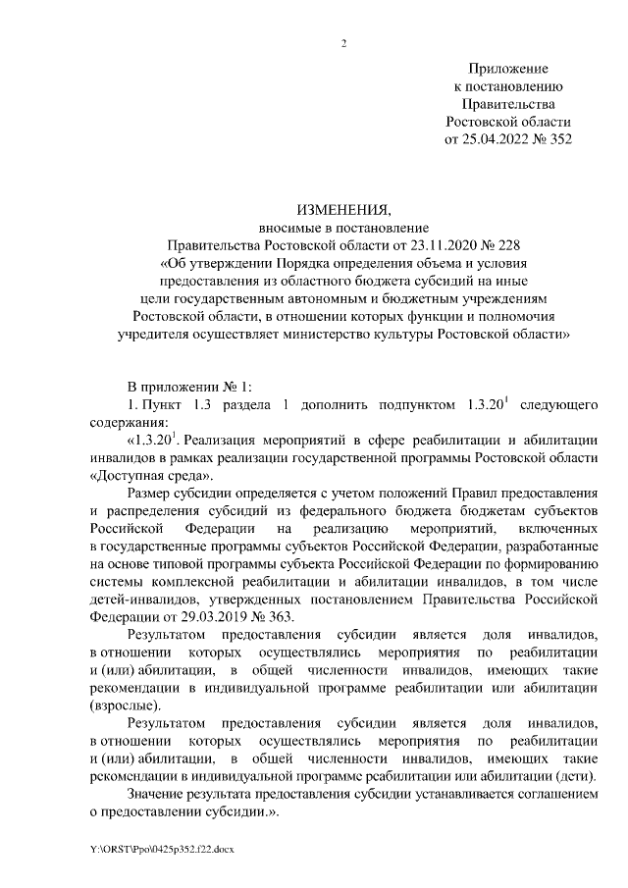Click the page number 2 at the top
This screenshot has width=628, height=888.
(x=344, y=42)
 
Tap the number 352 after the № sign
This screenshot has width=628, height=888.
(x=557, y=138)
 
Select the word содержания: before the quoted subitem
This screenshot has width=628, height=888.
(x=128, y=423)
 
